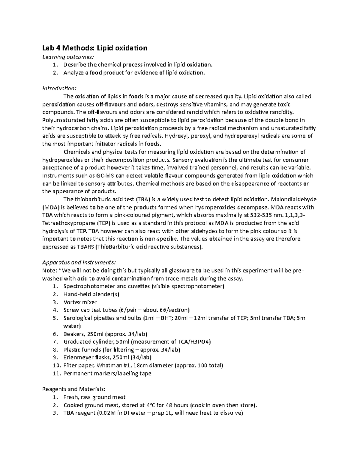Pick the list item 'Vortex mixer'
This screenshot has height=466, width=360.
[x=80, y=302]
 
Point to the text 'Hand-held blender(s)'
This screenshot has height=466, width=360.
[x=91, y=294]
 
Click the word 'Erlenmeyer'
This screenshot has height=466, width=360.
[x=78, y=358]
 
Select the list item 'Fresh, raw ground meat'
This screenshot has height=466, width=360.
[x=94, y=397]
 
